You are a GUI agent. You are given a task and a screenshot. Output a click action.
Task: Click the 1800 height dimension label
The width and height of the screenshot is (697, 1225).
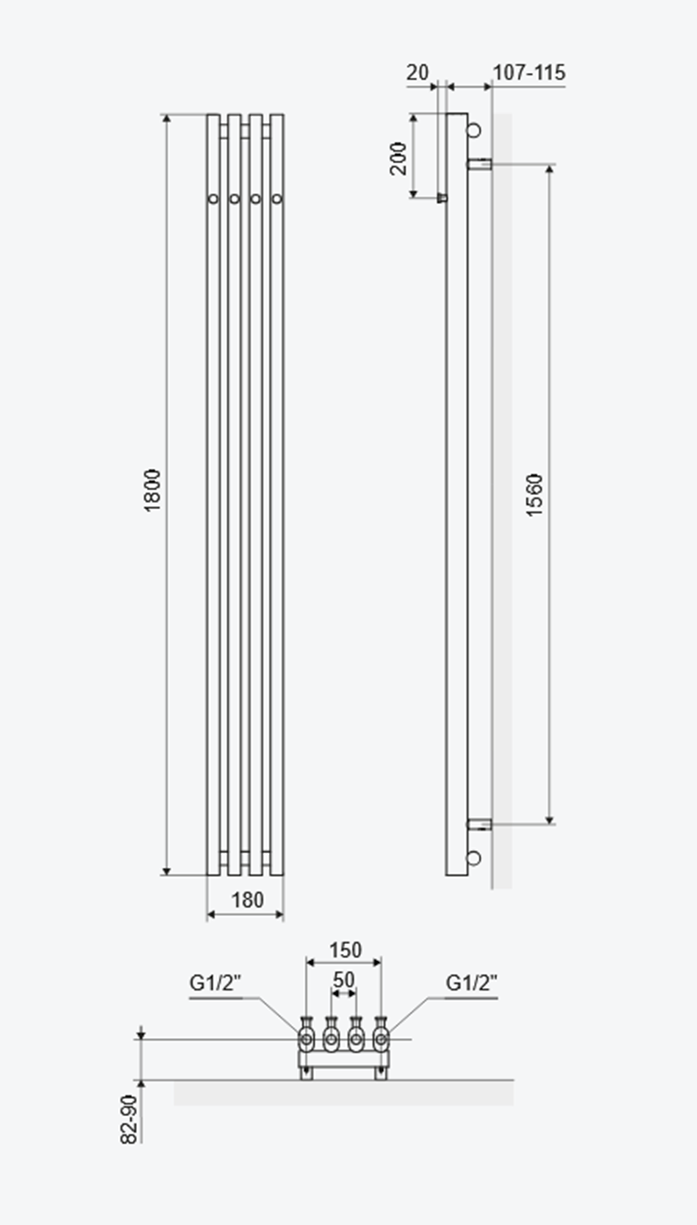[x=152, y=490]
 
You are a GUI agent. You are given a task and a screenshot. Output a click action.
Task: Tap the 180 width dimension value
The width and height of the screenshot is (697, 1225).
[x=248, y=900]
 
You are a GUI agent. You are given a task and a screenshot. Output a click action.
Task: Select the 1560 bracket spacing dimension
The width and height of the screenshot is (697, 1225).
[x=534, y=495]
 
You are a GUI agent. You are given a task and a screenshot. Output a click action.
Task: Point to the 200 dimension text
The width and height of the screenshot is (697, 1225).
[x=399, y=158]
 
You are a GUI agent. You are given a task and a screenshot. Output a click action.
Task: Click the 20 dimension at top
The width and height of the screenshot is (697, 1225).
[x=418, y=73]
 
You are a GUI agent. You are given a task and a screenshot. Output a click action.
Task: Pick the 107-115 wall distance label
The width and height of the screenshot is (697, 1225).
[x=529, y=73]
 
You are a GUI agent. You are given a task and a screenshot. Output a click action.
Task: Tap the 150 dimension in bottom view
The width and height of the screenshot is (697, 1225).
[x=344, y=950]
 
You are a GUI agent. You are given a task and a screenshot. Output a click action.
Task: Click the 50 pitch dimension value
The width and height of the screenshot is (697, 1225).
[x=344, y=979]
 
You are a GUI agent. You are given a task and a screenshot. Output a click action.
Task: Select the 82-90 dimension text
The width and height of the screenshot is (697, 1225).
[x=129, y=1119]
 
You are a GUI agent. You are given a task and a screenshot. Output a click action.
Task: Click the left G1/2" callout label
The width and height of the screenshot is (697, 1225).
[x=215, y=982]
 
